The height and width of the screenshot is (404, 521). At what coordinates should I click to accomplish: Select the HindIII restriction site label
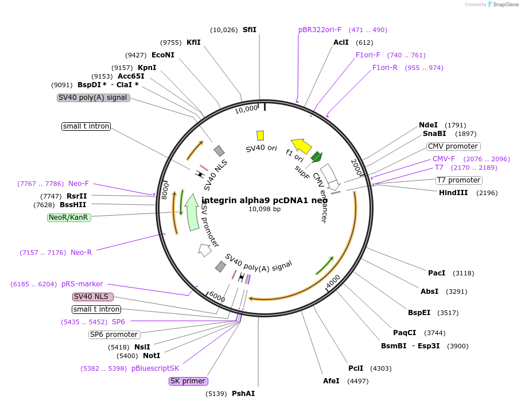(453, 193)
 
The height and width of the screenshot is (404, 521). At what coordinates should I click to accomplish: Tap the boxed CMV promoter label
(453, 146)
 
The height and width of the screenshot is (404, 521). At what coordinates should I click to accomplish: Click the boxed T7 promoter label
(458, 180)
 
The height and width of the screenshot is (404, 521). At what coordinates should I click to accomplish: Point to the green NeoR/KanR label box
(69, 217)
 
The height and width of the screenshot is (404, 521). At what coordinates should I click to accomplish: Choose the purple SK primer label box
(188, 381)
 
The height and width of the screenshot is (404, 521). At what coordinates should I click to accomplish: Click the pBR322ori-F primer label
(320, 30)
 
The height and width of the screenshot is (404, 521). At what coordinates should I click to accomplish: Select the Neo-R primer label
(81, 252)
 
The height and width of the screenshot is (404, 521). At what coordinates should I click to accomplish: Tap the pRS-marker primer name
(82, 284)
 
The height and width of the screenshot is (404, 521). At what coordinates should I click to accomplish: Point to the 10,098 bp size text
(265, 209)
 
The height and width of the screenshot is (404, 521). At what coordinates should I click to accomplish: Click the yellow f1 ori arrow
(301, 146)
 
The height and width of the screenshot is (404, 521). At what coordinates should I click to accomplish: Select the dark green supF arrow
(316, 157)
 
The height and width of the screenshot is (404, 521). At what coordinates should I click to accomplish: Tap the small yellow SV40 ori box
(260, 135)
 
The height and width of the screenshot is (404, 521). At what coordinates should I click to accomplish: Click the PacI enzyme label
(437, 273)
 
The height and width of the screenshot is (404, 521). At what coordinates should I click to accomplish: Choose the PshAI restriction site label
(243, 394)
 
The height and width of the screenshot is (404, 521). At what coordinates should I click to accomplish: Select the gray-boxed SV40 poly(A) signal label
(94, 98)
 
